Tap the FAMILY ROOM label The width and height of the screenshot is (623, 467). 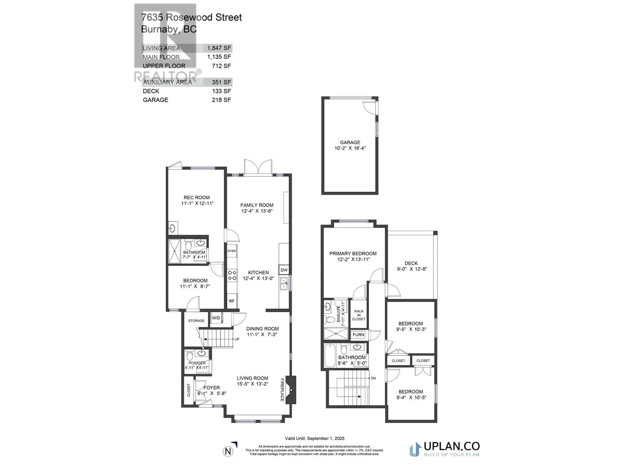tap(257, 205)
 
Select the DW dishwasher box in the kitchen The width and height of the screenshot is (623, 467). tap(284, 270)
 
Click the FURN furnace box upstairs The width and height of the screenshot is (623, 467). tap(358, 335)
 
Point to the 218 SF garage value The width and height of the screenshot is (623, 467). tap(221, 100)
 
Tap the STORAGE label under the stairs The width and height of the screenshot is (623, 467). tap(196, 321)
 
